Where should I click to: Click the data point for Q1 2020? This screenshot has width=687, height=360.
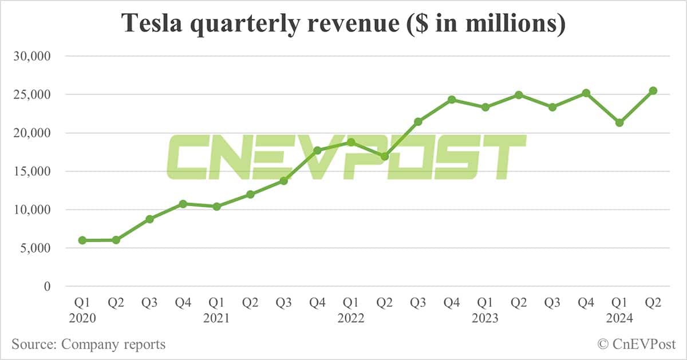[x=82, y=240]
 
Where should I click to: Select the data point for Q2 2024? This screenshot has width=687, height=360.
[x=653, y=90]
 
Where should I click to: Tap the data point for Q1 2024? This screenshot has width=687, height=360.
[x=619, y=122]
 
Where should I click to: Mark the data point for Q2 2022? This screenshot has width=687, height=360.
[x=385, y=156]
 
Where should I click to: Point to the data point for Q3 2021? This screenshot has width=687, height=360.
[x=283, y=181]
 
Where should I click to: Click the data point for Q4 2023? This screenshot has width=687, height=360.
[x=586, y=93]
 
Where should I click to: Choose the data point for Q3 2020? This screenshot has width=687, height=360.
[x=149, y=219]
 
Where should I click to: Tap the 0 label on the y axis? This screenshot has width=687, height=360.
[x=48, y=286]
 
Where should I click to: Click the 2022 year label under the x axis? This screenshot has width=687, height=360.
[x=351, y=318]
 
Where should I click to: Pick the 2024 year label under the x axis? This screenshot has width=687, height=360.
[x=619, y=318]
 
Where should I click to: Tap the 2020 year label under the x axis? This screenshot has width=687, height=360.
[x=82, y=318]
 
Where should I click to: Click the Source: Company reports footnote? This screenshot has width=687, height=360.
[x=89, y=345]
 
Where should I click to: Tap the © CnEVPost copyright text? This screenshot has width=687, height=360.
[x=636, y=345]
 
